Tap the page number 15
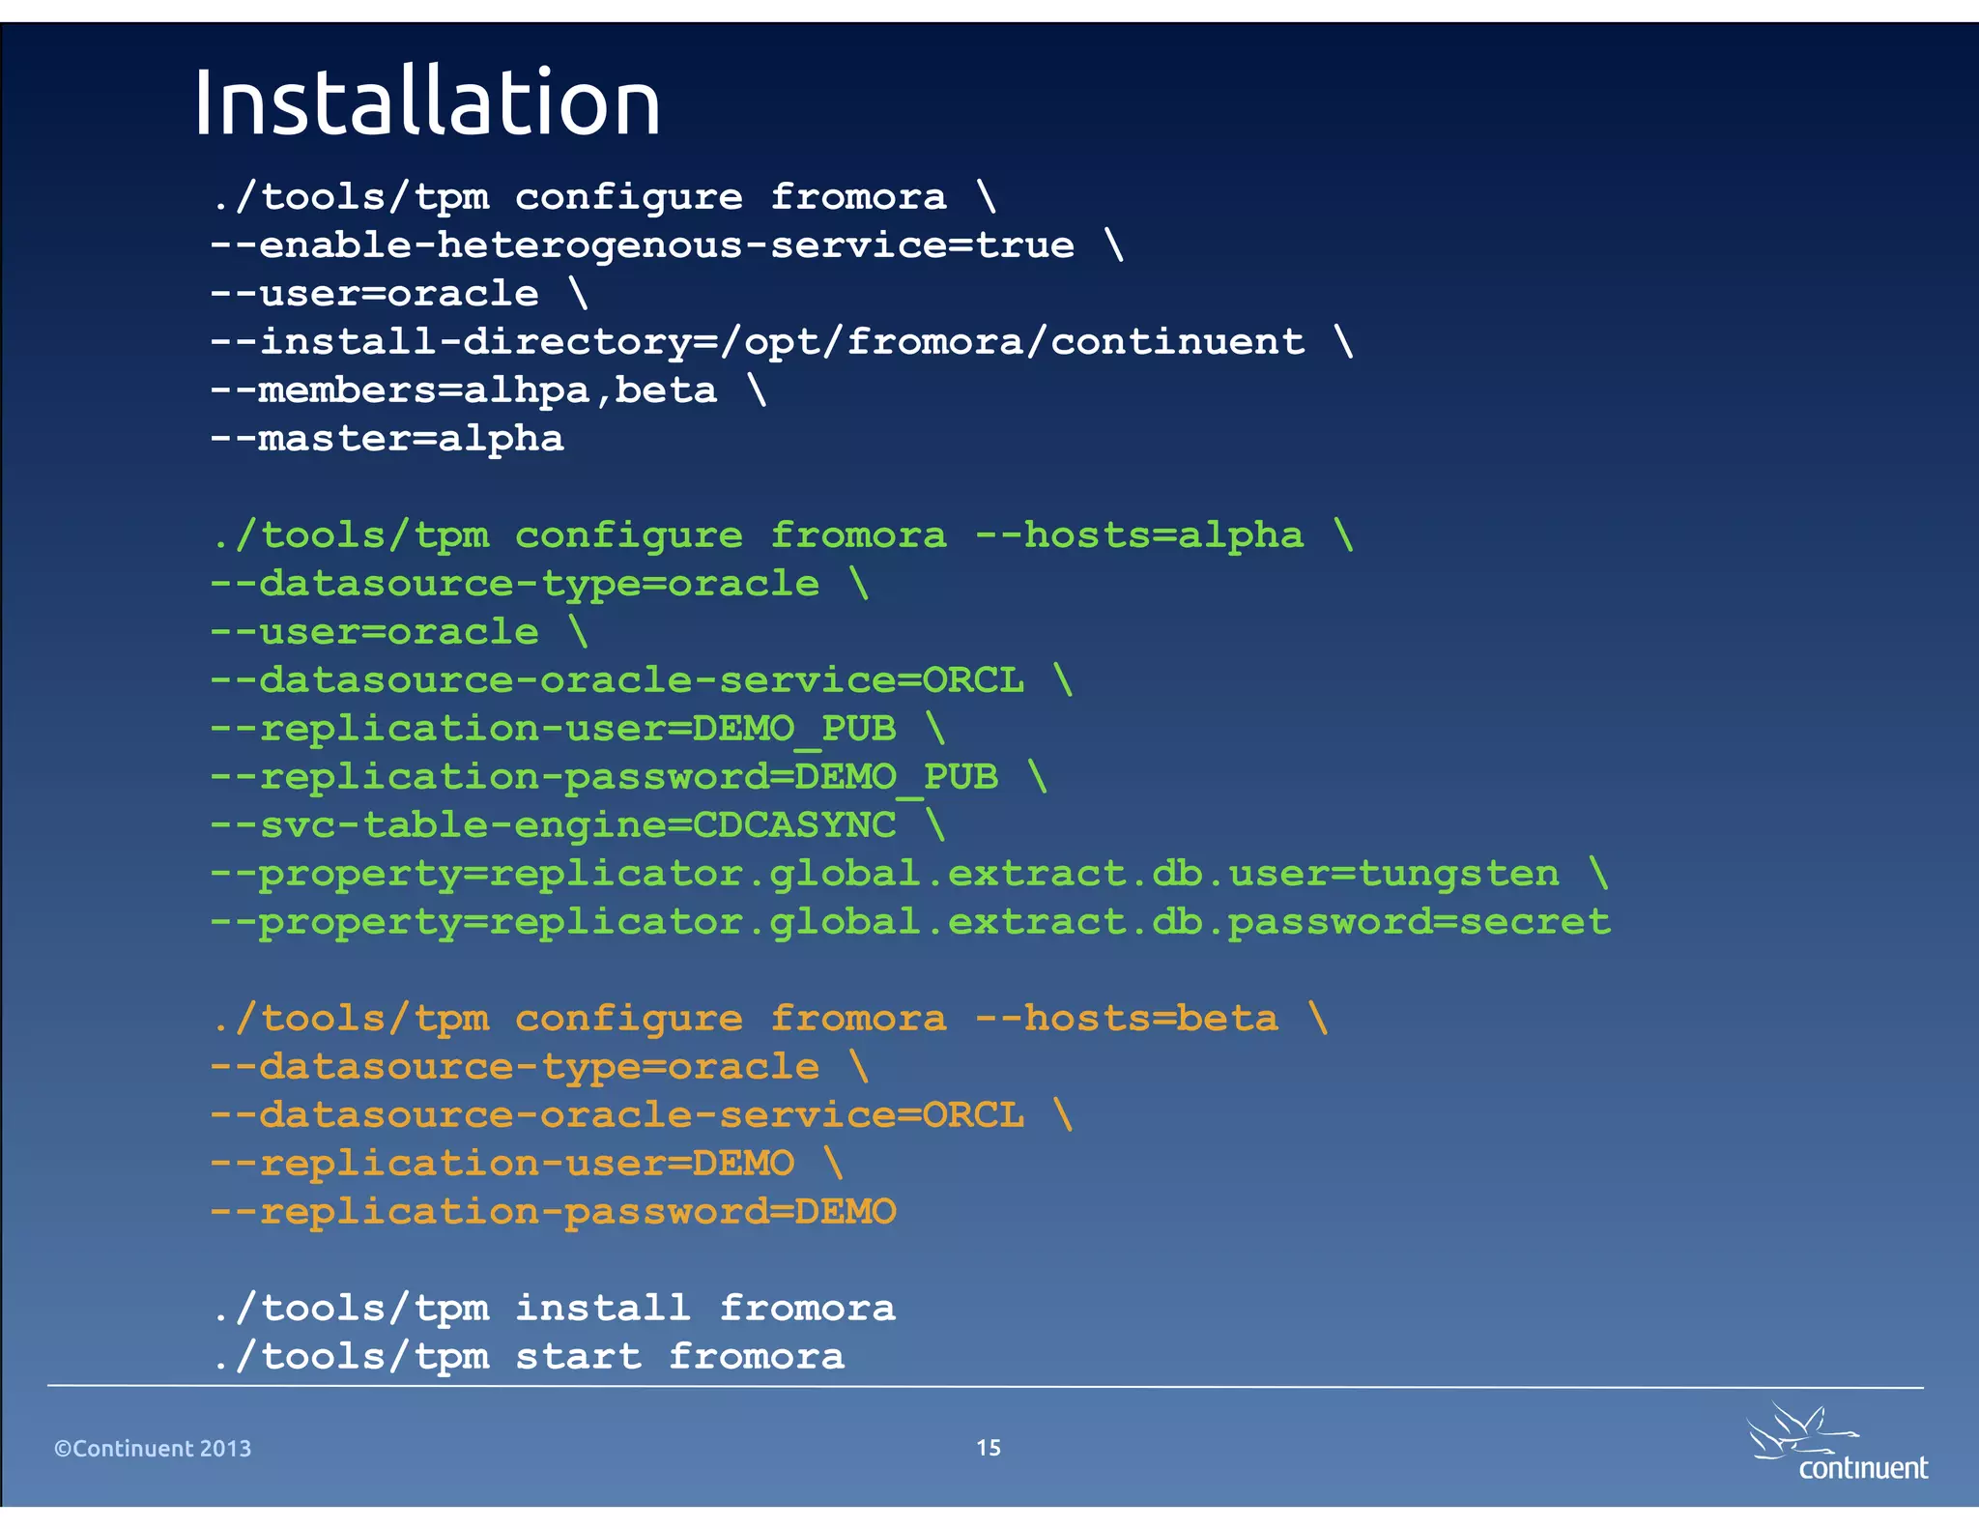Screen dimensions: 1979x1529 988,1447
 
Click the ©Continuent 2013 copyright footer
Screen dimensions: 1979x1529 153,1448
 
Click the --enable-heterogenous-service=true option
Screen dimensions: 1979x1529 642,245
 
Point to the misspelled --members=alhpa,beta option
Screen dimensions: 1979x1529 464,390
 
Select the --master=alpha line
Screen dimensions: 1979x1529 387,439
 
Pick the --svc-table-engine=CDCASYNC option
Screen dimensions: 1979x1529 553,825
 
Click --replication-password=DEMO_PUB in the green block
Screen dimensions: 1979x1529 604,777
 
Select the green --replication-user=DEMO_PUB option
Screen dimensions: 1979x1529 553,729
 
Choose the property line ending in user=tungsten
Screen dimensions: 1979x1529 884,874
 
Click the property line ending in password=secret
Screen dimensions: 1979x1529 909,922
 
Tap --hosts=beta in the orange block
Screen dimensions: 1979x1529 1126,1019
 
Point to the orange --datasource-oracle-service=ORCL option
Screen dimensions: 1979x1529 617,1115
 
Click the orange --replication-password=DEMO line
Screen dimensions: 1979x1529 553,1212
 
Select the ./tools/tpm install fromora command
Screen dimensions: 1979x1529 553,1309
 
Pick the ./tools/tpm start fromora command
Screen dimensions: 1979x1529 528,1357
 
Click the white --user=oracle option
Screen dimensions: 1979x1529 375,294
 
